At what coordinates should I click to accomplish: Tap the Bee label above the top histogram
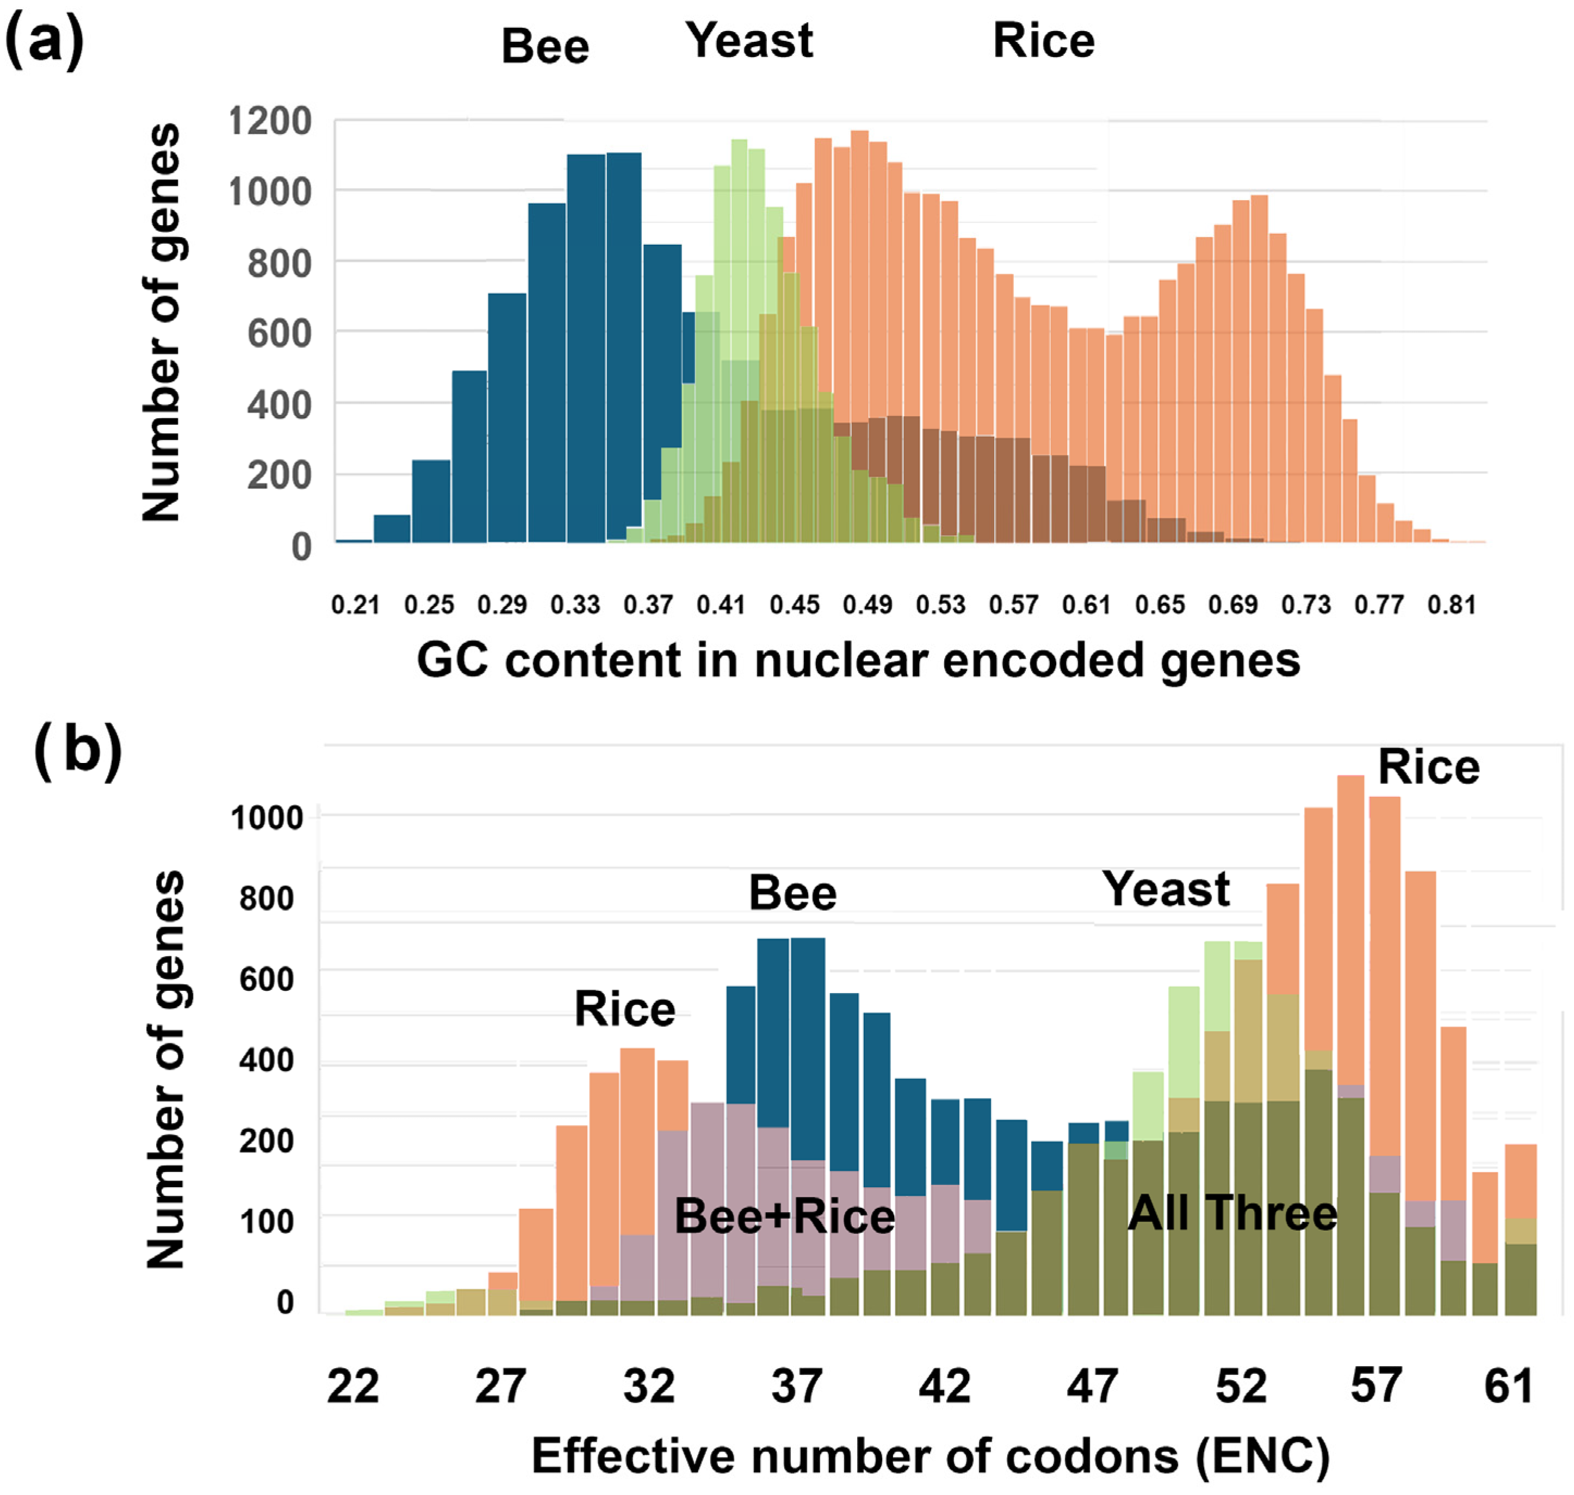click(x=545, y=46)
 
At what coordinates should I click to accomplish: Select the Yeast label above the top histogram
click(x=749, y=41)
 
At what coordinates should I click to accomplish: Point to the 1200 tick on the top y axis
click(x=269, y=122)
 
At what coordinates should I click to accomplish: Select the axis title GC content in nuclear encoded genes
click(x=858, y=661)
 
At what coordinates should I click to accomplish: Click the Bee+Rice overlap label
click(x=784, y=1217)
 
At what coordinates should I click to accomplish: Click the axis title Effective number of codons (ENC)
click(x=930, y=1457)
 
